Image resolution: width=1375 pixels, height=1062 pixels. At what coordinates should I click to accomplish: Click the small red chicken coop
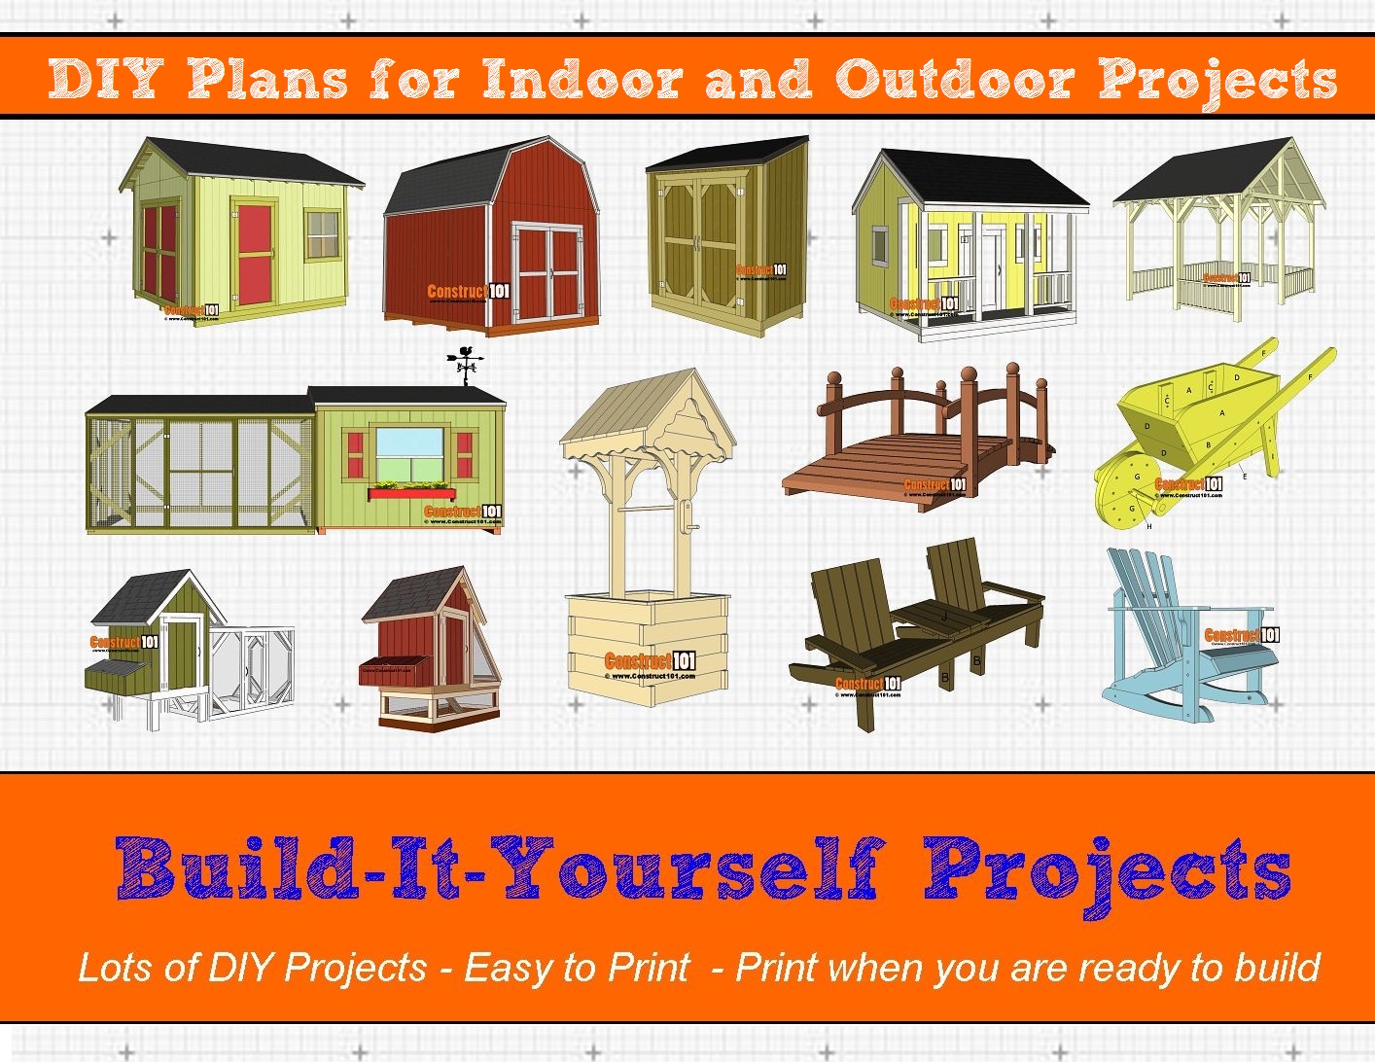point(433,647)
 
